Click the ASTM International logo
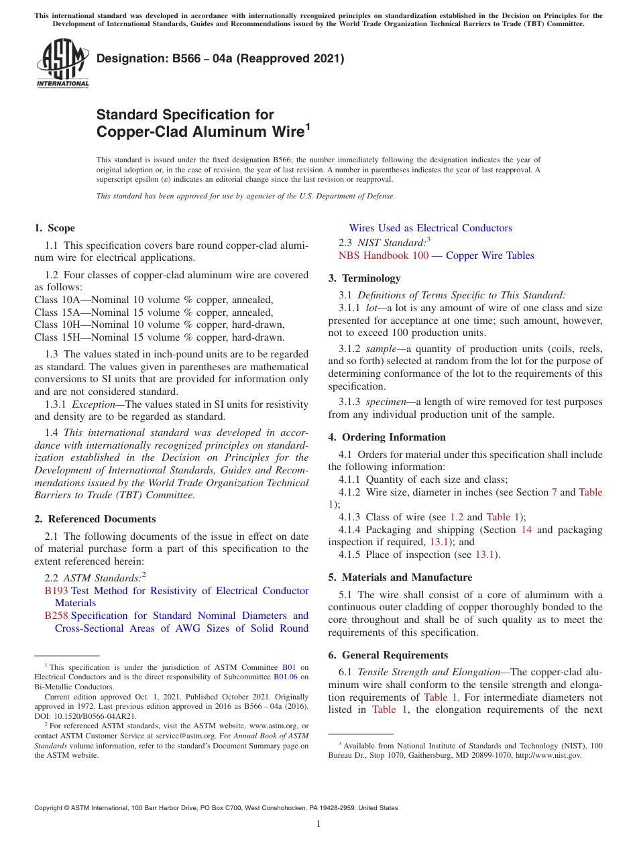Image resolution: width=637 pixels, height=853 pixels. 62,64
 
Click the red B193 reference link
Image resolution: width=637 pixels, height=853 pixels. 56,591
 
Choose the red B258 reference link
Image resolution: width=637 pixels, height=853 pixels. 56,616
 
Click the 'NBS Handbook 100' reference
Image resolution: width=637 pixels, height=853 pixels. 383,255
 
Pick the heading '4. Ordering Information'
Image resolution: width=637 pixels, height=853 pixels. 387,437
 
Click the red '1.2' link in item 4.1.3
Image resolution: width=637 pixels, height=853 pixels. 456,517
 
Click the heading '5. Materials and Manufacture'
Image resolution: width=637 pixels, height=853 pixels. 400,577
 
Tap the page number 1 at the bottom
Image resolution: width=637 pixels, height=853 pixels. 318,824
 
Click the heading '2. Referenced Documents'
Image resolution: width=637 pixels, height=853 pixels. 95,519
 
